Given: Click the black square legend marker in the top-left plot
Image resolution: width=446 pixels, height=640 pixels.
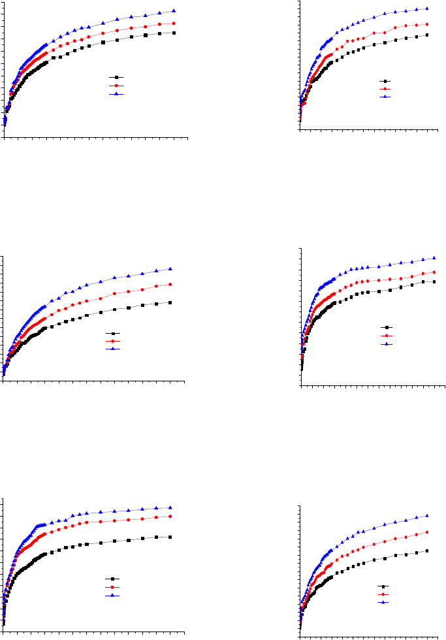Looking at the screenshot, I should click(x=116, y=78).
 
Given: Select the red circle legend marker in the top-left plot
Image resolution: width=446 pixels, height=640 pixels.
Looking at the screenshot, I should click(x=116, y=86).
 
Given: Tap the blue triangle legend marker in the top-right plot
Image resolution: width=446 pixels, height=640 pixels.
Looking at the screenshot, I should click(x=385, y=97).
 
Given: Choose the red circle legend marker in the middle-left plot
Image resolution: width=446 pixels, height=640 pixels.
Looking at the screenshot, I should click(x=113, y=341).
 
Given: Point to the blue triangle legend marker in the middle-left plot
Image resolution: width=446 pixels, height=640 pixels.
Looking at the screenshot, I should click(x=113, y=349).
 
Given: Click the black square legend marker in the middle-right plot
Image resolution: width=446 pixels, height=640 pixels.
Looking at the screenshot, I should click(x=387, y=328).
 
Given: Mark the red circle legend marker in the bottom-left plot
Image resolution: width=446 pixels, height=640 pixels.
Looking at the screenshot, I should click(x=112, y=587).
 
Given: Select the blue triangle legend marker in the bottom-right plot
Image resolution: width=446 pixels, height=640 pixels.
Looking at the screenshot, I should click(x=384, y=602).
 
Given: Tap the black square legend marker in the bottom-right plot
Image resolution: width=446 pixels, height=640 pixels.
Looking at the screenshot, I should click(x=384, y=587).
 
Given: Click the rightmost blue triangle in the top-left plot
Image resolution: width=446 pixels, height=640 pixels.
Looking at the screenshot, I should click(x=174, y=10).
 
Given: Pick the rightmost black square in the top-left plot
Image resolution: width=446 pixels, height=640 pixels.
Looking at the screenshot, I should click(x=174, y=33).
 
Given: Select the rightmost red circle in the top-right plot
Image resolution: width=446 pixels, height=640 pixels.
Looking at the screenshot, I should click(x=426, y=24).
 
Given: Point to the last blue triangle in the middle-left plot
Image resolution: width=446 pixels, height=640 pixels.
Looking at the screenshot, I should click(x=170, y=268).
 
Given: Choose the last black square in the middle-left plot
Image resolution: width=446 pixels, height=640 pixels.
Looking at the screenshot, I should click(x=170, y=302).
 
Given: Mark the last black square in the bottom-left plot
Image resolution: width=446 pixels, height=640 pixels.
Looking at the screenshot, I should click(x=170, y=537).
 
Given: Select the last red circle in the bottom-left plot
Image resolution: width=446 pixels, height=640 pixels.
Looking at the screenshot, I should click(x=170, y=516).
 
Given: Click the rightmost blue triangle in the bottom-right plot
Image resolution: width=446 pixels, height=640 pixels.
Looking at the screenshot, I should click(x=427, y=515).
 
